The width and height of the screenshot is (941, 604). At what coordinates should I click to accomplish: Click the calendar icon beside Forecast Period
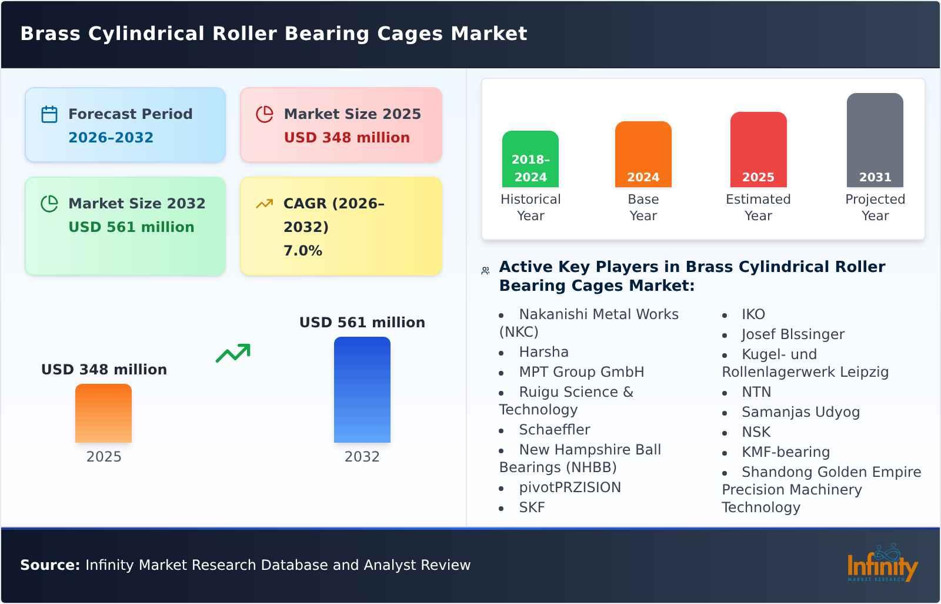(x=49, y=114)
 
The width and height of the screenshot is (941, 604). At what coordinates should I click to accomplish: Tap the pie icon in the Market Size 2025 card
(x=265, y=114)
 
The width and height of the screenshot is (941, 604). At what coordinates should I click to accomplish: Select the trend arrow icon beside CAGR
(x=265, y=204)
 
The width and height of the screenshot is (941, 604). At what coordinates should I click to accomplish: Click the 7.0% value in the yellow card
(x=303, y=251)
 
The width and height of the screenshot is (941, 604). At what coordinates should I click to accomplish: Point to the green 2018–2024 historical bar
(x=530, y=159)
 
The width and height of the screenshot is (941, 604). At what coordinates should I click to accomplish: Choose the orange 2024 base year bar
(x=643, y=154)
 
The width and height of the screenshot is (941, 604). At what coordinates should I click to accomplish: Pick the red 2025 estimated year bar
(x=758, y=150)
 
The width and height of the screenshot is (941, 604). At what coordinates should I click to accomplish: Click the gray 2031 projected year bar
(x=875, y=140)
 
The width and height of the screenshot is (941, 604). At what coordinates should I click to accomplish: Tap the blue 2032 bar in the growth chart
(x=362, y=390)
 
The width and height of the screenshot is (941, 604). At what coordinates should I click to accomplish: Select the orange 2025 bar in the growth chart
(x=104, y=413)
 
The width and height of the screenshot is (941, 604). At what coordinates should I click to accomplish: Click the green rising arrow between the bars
(x=233, y=353)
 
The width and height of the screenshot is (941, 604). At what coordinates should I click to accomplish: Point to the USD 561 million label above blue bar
(x=362, y=323)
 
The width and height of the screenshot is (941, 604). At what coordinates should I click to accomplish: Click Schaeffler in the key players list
(x=554, y=430)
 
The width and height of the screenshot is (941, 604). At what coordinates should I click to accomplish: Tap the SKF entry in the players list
(x=532, y=507)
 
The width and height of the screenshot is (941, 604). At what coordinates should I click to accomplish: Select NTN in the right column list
(x=756, y=392)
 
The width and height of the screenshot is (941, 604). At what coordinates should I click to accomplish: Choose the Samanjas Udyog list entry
(x=800, y=412)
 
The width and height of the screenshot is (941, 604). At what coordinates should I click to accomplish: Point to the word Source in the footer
(x=49, y=565)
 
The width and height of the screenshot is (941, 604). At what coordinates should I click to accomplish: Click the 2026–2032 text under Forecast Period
(x=111, y=138)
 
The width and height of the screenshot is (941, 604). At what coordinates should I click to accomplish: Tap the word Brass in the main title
(x=50, y=34)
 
